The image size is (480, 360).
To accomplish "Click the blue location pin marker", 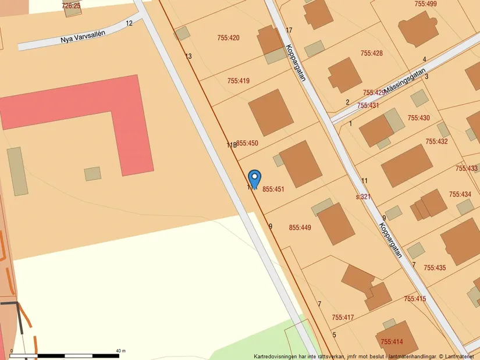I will (254, 178).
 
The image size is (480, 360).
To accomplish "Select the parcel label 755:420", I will (227, 38).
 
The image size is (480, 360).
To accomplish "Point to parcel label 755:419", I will (239, 81).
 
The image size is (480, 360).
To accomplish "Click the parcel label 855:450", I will (247, 143).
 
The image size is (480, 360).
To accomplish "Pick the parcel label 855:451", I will (273, 189).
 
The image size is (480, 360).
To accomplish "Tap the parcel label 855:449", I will (300, 227).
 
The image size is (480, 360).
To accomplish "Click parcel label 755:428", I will (371, 54).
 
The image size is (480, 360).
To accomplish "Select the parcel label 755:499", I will (425, 4).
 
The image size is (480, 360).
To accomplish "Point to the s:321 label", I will (363, 197).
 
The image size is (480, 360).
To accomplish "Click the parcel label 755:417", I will (343, 318).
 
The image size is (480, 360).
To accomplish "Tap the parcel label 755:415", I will (415, 299).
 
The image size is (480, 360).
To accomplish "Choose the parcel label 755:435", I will (434, 268).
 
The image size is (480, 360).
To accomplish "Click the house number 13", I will (189, 56).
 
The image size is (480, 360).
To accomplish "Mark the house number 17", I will (289, 30).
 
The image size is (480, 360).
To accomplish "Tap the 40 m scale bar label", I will (120, 350).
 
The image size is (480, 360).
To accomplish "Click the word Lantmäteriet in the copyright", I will (462, 356).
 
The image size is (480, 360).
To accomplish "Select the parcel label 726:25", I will (71, 6).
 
